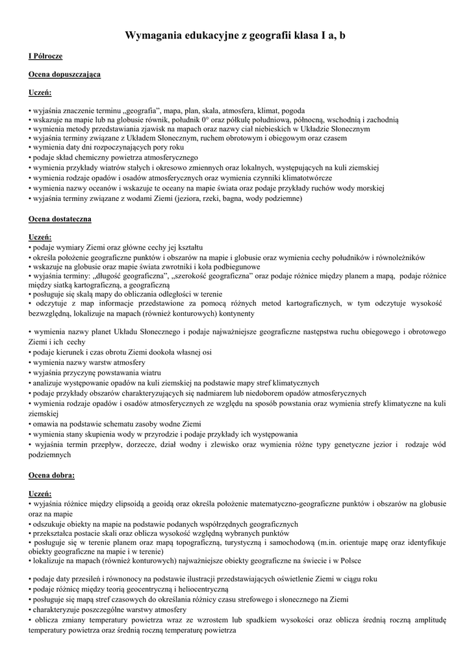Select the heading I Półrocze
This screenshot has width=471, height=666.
click(x=46, y=57)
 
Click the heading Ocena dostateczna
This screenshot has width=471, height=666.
click(x=60, y=219)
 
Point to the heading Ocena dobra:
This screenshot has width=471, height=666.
click(x=52, y=475)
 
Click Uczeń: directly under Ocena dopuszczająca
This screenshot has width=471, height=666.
click(x=40, y=92)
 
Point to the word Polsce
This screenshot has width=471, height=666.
click(x=348, y=560)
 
